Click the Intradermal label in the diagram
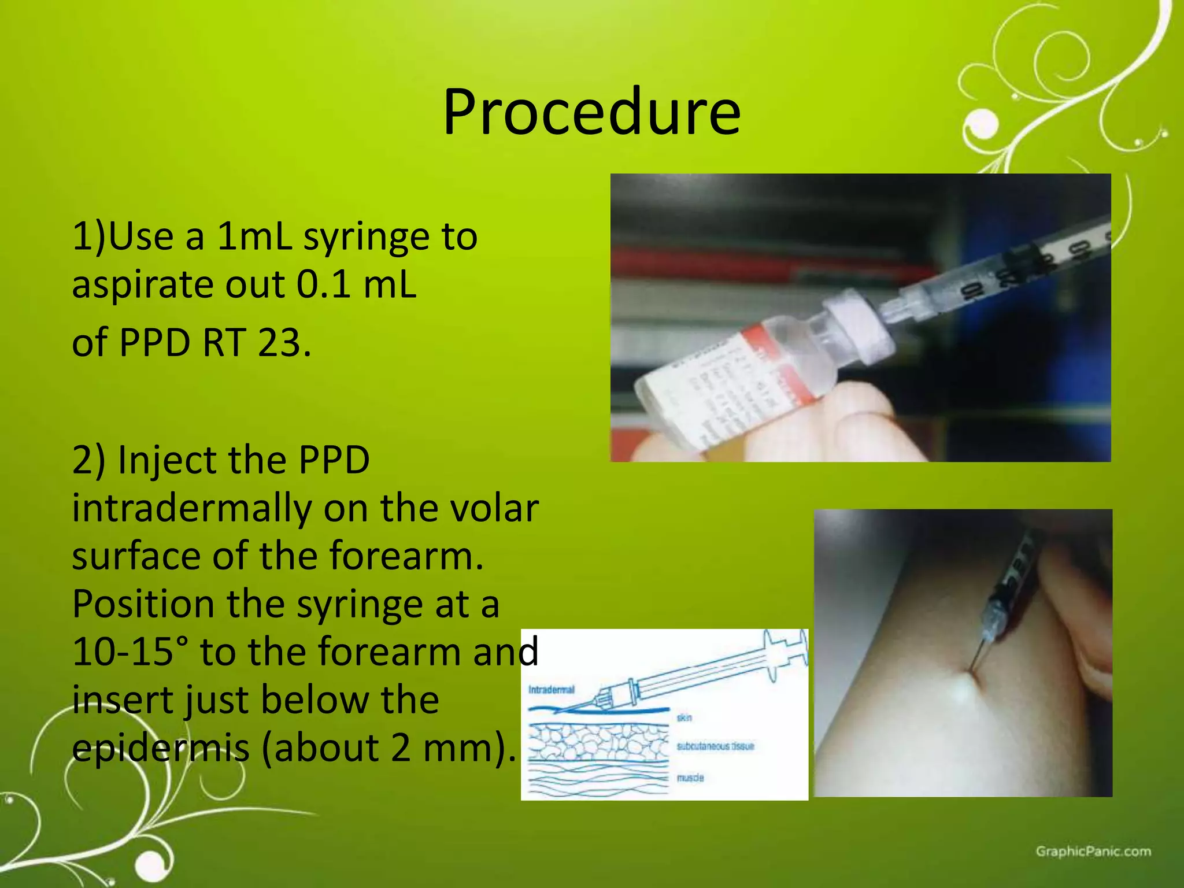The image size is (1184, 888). pos(551,690)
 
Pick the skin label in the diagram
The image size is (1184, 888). pos(684,718)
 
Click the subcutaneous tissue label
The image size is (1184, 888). pos(715,746)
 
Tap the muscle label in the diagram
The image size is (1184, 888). pos(690,778)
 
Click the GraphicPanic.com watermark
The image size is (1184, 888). pos(1093,852)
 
